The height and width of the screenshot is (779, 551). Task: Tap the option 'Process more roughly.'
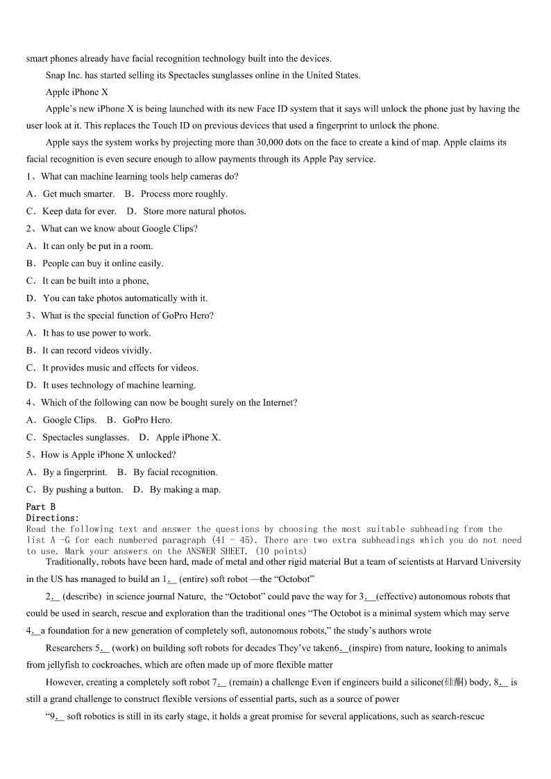click(x=184, y=194)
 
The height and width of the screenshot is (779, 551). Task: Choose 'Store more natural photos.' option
click(x=194, y=212)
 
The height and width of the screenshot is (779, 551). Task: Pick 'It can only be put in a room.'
click(x=97, y=246)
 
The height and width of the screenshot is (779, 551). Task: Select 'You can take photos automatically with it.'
click(x=125, y=298)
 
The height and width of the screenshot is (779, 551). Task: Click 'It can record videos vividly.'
click(x=96, y=350)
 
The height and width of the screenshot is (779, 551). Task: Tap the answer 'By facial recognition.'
click(x=175, y=472)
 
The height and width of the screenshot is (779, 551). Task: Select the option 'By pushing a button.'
click(x=83, y=489)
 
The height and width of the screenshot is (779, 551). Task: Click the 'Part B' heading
click(x=40, y=507)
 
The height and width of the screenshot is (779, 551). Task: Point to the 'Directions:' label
click(x=53, y=517)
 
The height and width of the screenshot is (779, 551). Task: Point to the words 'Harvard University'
click(x=480, y=562)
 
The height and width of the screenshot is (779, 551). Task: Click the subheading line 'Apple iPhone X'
click(x=77, y=92)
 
